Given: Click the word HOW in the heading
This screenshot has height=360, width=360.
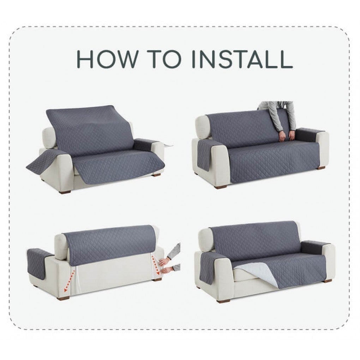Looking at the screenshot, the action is tap(107, 59).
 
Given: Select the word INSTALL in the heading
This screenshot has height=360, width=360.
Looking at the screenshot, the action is tap(242, 59).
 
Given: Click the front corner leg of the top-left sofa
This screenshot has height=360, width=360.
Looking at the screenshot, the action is tap(65, 191).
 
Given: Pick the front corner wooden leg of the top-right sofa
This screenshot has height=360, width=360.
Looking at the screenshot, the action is tap(220, 187).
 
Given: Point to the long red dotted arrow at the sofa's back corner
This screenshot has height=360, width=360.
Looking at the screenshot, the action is tap(70, 281).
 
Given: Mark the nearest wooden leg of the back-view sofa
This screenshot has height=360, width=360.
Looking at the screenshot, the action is tap(64, 298).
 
